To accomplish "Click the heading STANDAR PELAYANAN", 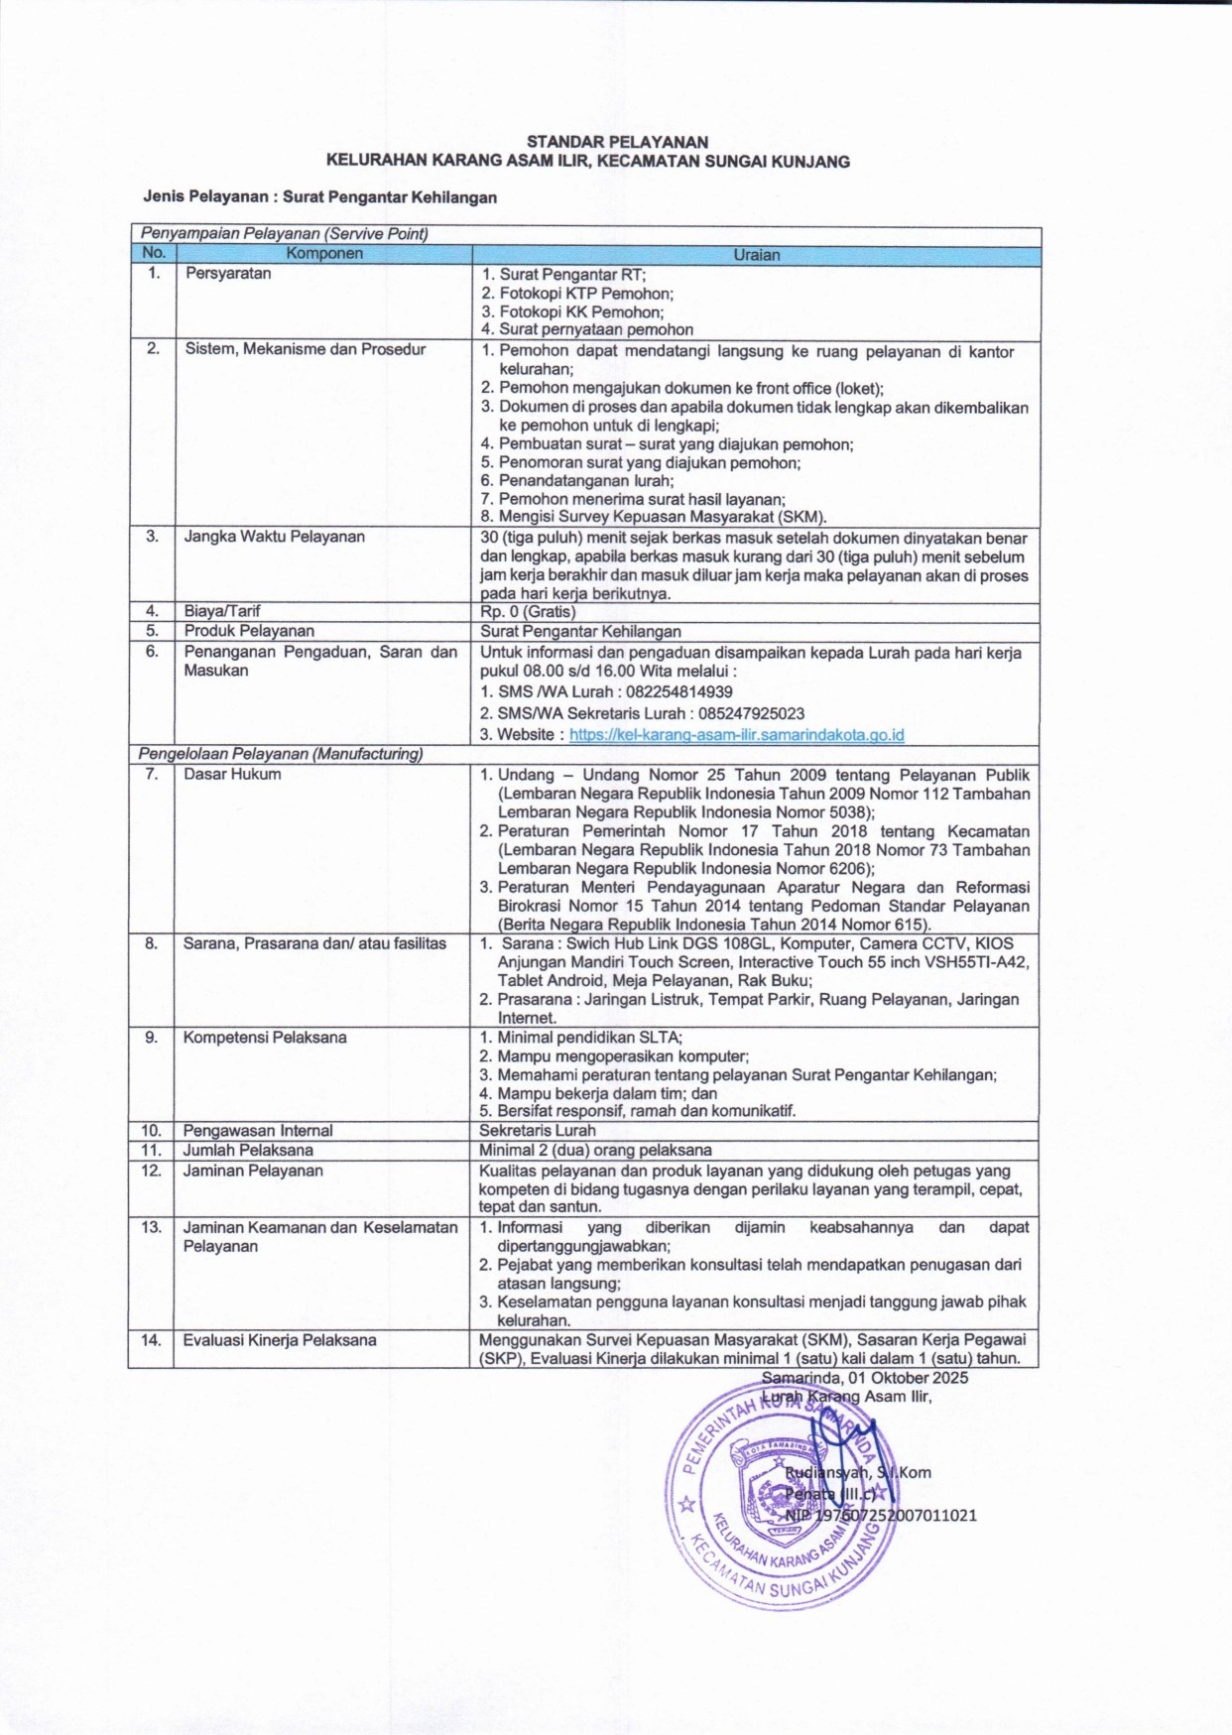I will coord(617,142).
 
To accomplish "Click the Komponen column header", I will coord(324,254).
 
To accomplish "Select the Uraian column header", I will coord(756,255).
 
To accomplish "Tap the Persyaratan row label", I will coord(228,274).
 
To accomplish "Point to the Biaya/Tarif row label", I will coord(222,611).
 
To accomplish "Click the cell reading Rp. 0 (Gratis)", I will coord(528,612).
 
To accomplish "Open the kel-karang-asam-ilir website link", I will coord(736,735).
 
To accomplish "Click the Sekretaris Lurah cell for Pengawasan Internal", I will coord(538,1130).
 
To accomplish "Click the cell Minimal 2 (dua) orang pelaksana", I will coord(595,1151).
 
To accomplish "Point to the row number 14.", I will coord(151,1340).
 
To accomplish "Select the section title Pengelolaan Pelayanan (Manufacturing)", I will coord(281,754).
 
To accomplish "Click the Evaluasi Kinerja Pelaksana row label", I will coord(280,1340).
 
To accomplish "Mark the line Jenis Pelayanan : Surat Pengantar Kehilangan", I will coord(319,197).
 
